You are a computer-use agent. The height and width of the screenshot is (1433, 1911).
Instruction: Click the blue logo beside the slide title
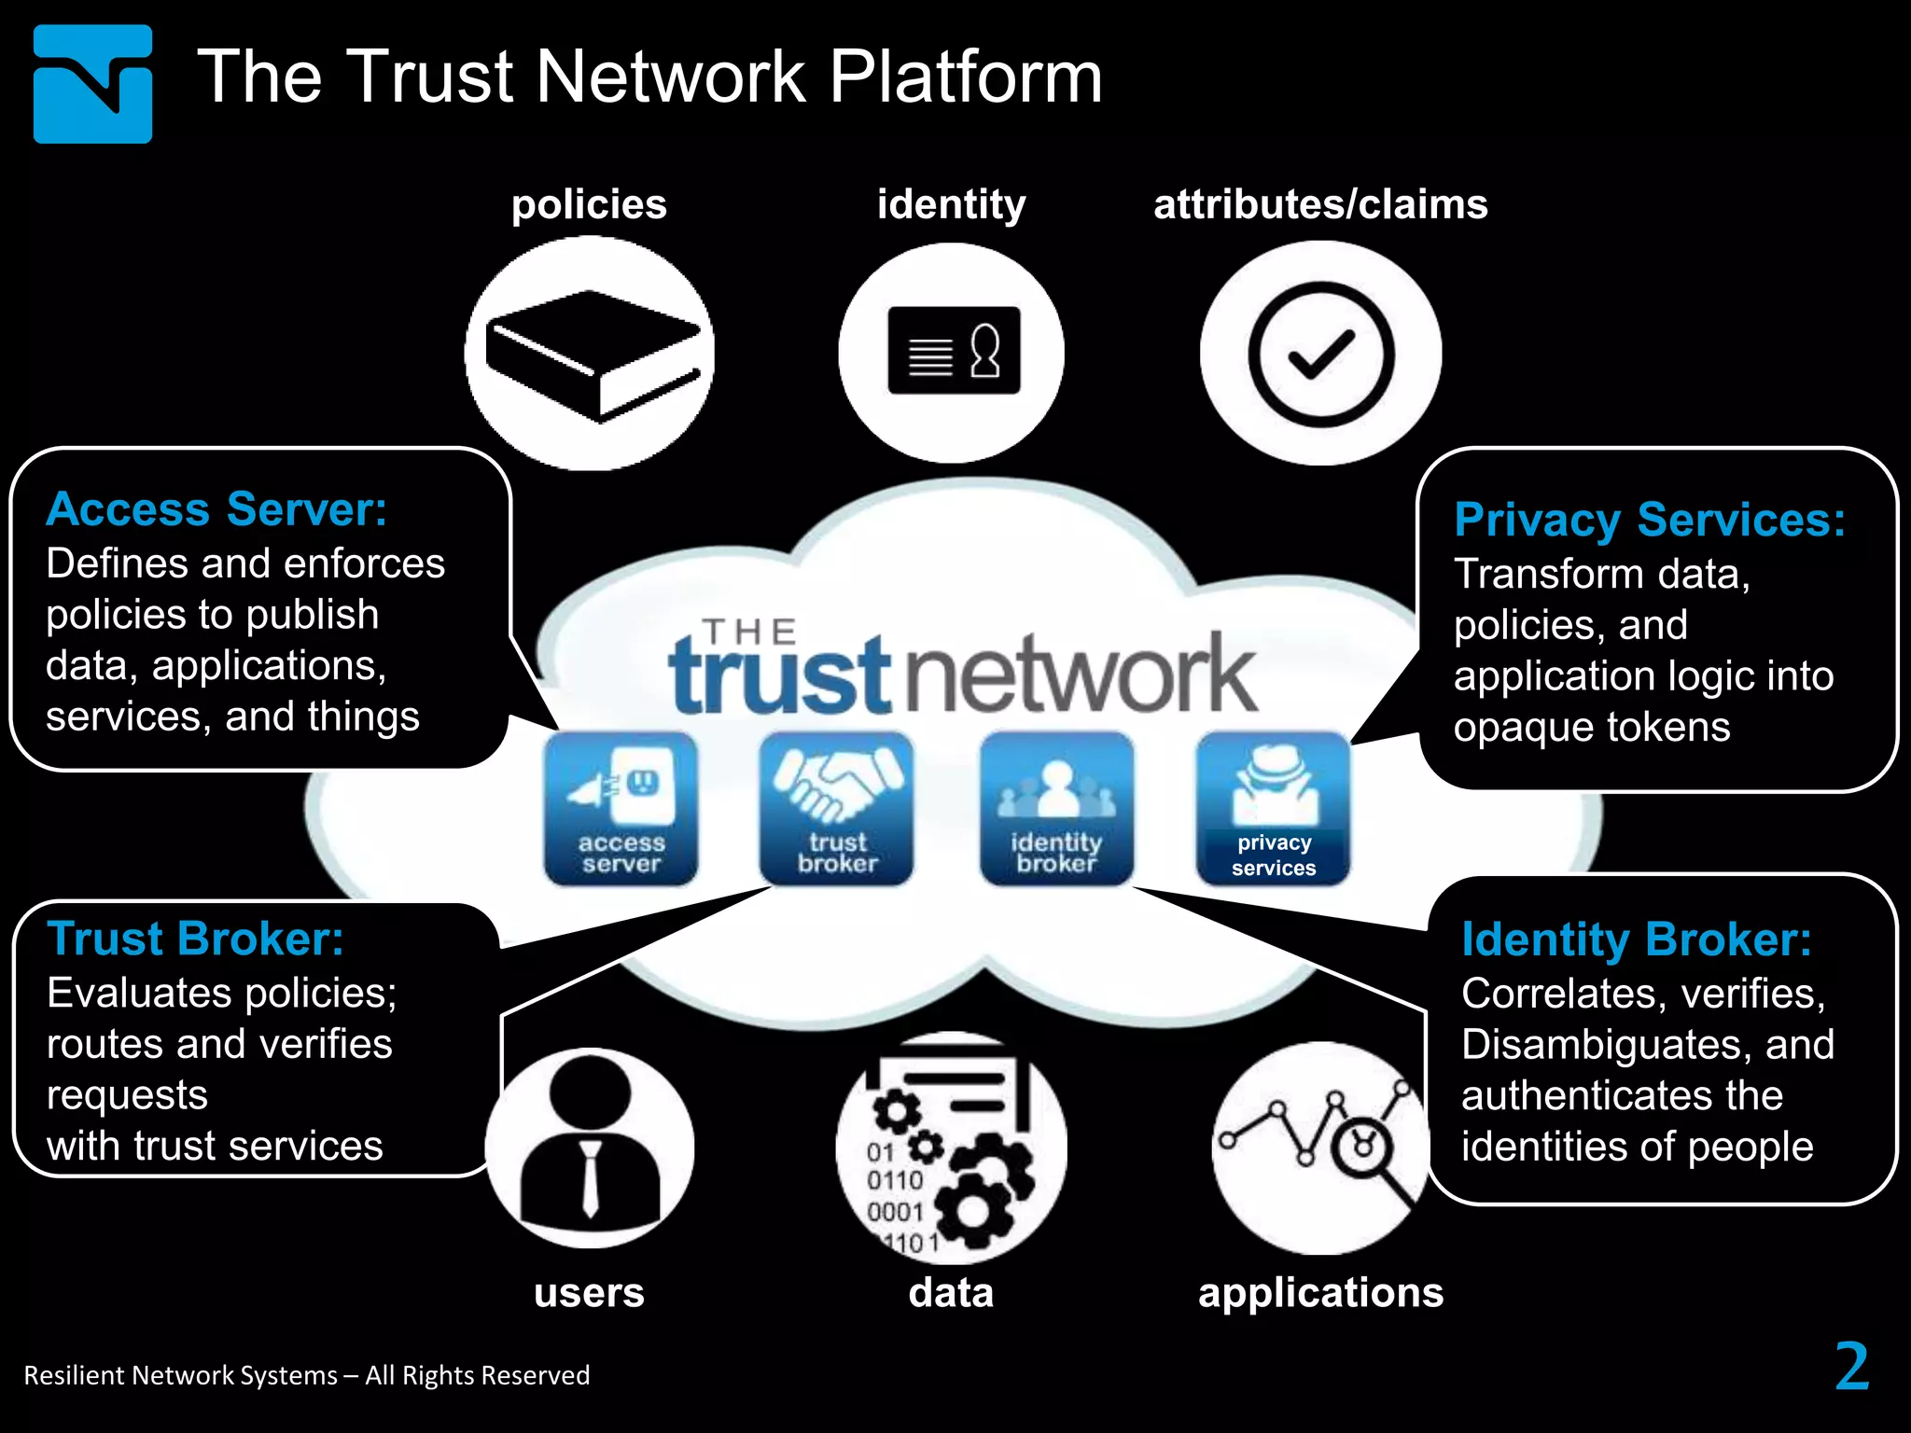[92, 84]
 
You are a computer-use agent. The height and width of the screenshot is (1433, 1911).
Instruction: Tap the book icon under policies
[591, 355]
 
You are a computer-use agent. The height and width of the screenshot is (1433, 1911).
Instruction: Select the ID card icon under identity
[953, 352]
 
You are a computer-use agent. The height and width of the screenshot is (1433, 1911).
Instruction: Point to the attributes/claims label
[1319, 204]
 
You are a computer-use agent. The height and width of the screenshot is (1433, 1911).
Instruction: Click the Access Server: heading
[216, 510]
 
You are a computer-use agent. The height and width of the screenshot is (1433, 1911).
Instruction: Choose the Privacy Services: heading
[1649, 520]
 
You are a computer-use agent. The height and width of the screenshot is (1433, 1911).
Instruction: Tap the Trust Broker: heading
[195, 939]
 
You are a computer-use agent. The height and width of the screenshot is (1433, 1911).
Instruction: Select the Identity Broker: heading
[1636, 939]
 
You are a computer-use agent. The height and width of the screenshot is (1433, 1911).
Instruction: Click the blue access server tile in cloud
[621, 808]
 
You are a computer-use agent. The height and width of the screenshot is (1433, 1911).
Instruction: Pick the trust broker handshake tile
[837, 808]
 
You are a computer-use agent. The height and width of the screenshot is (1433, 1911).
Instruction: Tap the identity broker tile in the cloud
[1056, 808]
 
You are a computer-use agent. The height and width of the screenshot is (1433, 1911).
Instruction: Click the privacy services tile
[1273, 808]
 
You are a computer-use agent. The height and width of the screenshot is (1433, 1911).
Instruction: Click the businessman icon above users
[590, 1148]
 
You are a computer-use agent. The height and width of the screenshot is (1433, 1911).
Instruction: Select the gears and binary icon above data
[951, 1148]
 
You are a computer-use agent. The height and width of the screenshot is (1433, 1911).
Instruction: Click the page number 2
[1851, 1367]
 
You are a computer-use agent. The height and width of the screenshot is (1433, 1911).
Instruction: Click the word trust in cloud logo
[780, 677]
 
